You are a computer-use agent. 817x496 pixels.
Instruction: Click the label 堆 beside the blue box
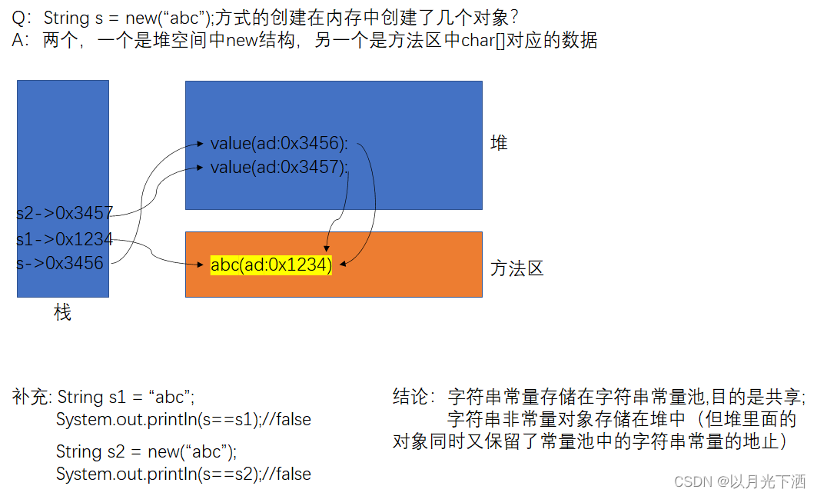pyautogui.click(x=499, y=143)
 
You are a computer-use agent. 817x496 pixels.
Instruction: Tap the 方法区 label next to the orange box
pyautogui.click(x=517, y=268)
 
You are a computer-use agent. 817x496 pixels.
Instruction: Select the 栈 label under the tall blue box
pyautogui.click(x=63, y=312)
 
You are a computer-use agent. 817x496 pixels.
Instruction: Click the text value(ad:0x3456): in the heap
pyautogui.click(x=279, y=143)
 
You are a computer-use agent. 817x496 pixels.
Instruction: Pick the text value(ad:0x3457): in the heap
pyautogui.click(x=279, y=166)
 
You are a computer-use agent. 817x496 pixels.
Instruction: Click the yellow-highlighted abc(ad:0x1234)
pyautogui.click(x=271, y=265)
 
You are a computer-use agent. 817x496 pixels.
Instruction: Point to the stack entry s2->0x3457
pyautogui.click(x=65, y=213)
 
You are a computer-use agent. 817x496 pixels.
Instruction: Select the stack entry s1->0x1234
pyautogui.click(x=65, y=239)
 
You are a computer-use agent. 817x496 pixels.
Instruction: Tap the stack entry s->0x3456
pyautogui.click(x=60, y=263)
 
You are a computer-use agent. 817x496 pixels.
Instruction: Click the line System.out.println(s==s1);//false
pyautogui.click(x=183, y=419)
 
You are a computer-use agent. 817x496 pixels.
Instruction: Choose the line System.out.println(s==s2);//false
pyautogui.click(x=183, y=474)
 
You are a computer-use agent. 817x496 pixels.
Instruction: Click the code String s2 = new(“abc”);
pyautogui.click(x=146, y=451)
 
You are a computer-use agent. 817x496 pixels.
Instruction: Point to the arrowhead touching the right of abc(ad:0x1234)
pyautogui.click(x=342, y=265)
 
